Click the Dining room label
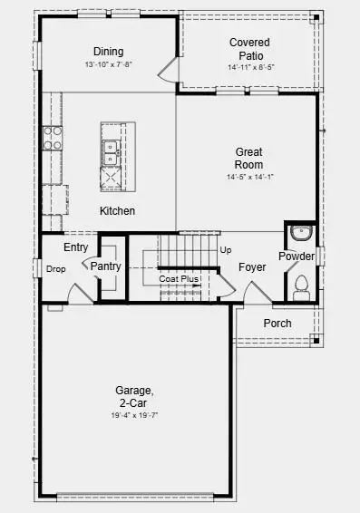(108, 52)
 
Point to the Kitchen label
(117, 211)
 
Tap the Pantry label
(105, 266)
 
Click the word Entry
(75, 247)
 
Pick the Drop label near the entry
(55, 269)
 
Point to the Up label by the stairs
(226, 249)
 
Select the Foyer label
(252, 268)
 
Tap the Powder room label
(297, 256)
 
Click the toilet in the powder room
(301, 287)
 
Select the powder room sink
(300, 234)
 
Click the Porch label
(277, 324)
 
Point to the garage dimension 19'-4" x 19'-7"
(133, 416)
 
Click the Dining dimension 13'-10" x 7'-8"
(108, 64)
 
